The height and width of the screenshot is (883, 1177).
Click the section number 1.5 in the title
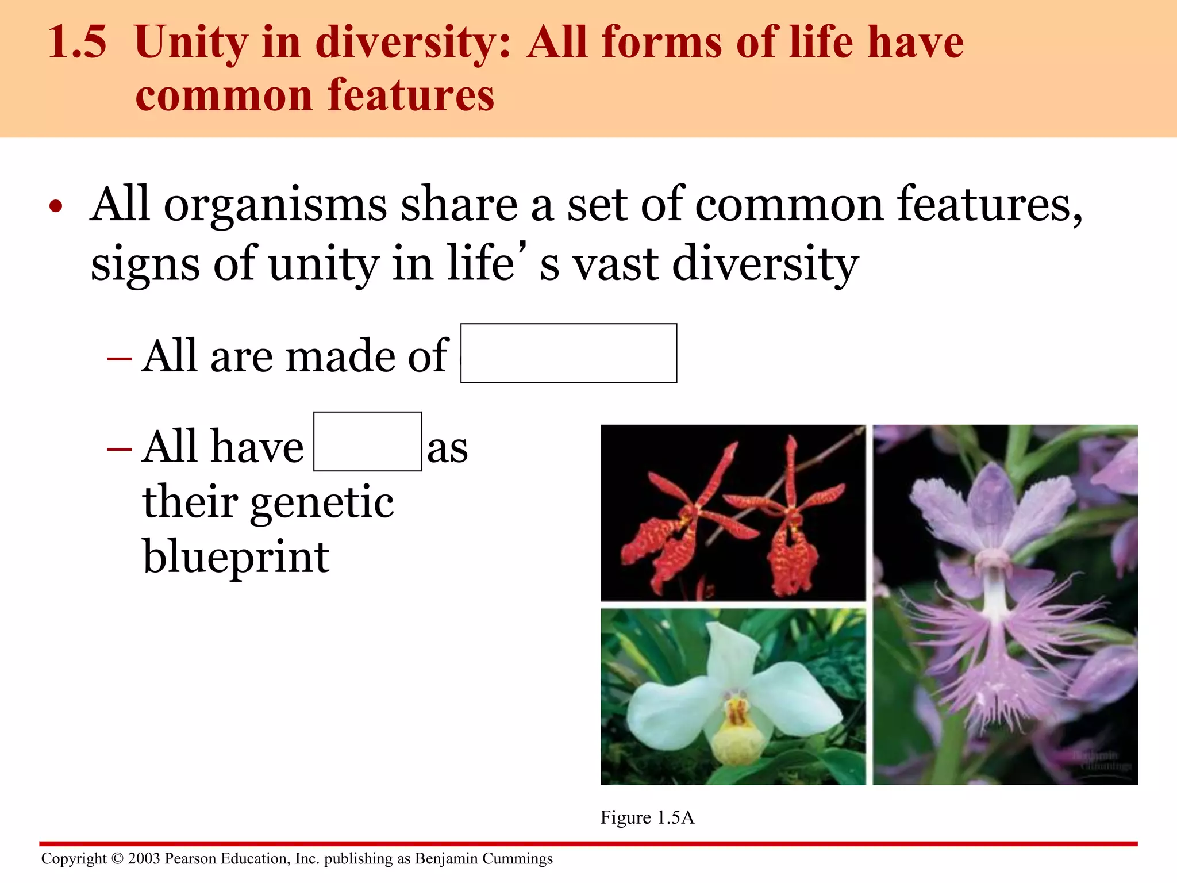(x=77, y=43)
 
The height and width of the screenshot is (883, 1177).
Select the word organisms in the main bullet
(x=275, y=205)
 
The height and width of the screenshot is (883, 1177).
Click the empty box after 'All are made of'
(x=568, y=353)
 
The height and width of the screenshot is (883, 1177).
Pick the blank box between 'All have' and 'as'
(x=367, y=441)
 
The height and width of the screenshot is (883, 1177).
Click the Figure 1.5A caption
(x=647, y=817)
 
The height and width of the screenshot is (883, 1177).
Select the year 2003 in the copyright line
(x=144, y=858)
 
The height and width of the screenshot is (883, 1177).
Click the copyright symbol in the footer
(x=117, y=858)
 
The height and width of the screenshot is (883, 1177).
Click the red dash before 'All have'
(x=119, y=448)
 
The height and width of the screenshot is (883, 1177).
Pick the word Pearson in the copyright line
(x=190, y=858)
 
